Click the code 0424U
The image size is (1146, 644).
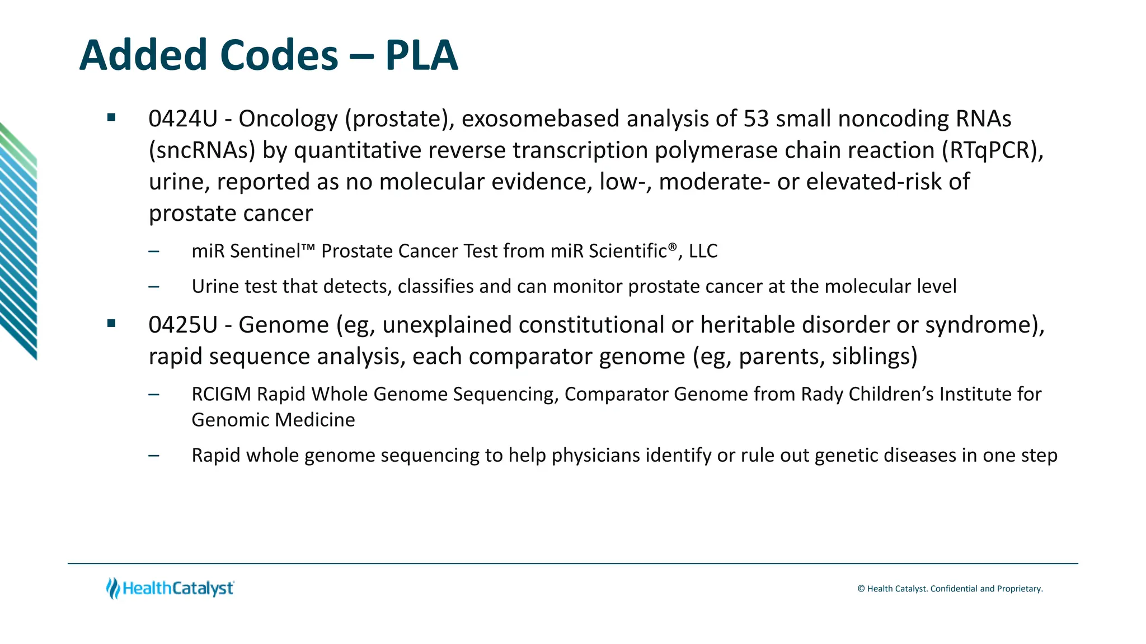click(182, 119)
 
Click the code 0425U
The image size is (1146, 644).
click(182, 325)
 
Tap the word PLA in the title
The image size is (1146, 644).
click(421, 55)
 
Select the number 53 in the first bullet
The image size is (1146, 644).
click(756, 119)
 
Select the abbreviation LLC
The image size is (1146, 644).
click(703, 251)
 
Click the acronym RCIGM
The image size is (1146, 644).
click(221, 394)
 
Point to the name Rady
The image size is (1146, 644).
click(822, 394)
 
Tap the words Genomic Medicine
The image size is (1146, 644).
click(273, 420)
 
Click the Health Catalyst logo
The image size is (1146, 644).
click(170, 588)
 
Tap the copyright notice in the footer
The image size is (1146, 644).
click(950, 589)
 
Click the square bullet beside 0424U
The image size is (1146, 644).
click(111, 117)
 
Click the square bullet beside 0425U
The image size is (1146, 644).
click(111, 323)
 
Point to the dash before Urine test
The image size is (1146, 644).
click(154, 287)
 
